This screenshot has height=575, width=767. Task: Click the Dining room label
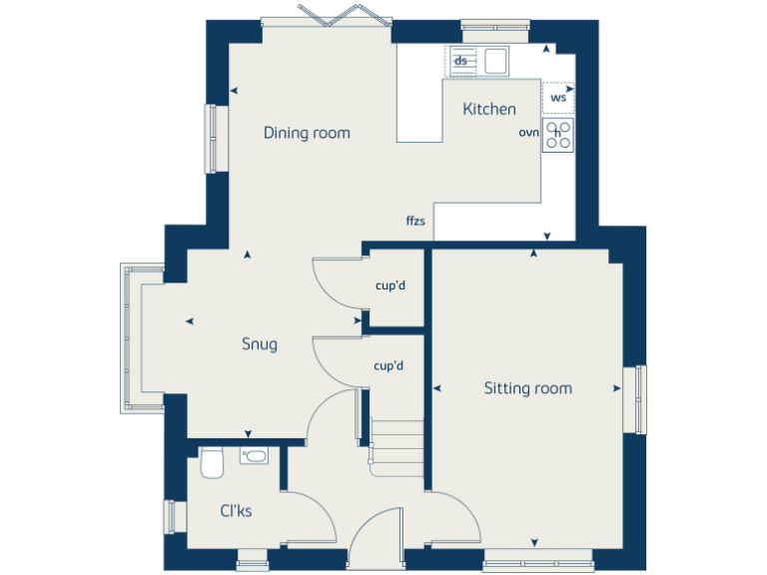coord(307,133)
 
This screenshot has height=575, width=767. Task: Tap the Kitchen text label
coord(489,109)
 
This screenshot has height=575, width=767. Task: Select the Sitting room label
coord(528,387)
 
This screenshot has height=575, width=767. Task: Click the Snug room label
coord(260,344)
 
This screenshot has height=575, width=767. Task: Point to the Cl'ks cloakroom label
coord(236,511)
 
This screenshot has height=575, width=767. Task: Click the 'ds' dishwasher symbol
coord(461,61)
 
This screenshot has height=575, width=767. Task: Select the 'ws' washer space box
coord(558,97)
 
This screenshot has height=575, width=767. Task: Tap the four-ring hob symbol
coord(558,134)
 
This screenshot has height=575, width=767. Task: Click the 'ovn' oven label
coord(528,132)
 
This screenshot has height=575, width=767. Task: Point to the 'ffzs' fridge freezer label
coord(415,221)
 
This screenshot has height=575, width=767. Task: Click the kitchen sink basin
coord(495,61)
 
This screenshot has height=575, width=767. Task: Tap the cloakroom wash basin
coord(254,456)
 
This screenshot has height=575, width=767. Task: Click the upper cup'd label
coord(389,286)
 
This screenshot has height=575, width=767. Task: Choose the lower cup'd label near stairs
coord(388,366)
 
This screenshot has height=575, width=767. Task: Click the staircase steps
coord(397,444)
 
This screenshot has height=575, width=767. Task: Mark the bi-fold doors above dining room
coord(327,16)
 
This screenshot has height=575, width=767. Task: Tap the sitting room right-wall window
coord(635,399)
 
